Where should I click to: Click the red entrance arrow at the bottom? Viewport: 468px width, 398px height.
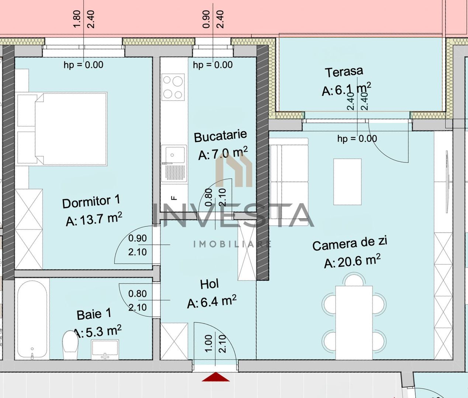[x=216, y=377]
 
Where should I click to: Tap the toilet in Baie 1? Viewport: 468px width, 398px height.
[x=70, y=345]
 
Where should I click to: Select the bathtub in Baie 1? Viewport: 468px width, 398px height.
[x=32, y=319]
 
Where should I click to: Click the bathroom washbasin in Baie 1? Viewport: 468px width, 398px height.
[x=105, y=349]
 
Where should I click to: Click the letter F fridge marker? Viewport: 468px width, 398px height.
[x=174, y=198]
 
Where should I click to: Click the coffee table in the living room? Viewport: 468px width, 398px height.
[x=347, y=182]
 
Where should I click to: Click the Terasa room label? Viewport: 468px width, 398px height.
[x=344, y=72]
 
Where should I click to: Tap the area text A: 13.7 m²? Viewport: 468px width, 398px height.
[x=94, y=219]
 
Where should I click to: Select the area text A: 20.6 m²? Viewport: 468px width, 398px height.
[x=352, y=261]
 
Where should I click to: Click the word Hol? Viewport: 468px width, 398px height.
[x=209, y=284]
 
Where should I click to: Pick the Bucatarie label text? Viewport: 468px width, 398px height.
[x=220, y=136]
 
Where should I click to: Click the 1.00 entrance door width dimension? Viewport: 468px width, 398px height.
[x=208, y=343]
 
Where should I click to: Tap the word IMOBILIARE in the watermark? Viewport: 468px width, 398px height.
[x=232, y=244]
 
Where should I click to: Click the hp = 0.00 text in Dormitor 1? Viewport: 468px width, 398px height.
[x=83, y=65]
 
